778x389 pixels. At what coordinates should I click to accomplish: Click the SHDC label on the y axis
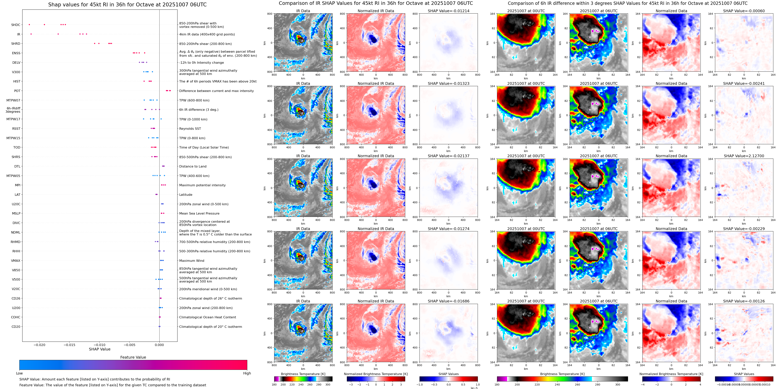point(16,25)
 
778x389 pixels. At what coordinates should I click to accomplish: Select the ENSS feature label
point(16,53)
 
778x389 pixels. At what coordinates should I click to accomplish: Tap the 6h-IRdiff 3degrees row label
point(13,110)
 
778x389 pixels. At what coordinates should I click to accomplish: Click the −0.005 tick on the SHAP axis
point(129,345)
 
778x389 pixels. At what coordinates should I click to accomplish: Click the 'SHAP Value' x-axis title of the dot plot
point(100,349)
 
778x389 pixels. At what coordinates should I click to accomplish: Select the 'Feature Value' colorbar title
point(133,357)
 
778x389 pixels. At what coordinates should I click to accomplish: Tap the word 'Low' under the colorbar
point(19,373)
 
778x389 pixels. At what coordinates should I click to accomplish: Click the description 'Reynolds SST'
point(190,129)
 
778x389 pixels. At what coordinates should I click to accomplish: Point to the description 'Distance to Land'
point(193,166)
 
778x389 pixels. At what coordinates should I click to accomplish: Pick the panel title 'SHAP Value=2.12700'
point(744,156)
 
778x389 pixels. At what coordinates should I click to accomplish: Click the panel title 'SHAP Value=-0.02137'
point(449,156)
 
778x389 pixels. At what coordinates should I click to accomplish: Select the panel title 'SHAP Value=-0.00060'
point(744,11)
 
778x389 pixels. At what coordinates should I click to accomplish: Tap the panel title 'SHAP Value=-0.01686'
point(449,301)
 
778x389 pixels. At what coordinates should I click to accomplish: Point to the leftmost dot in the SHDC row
point(29,24)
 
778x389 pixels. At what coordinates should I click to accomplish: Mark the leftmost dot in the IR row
point(31,34)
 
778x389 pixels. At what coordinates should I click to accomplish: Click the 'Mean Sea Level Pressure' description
point(199,213)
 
